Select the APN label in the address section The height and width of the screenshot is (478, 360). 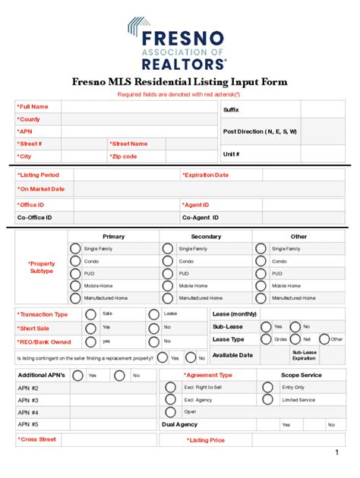26,131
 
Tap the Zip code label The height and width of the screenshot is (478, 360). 124,156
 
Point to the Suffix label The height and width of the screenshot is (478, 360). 231,110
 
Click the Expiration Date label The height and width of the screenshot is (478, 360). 205,175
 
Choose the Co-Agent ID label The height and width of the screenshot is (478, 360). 201,218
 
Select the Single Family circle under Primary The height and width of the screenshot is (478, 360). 75,248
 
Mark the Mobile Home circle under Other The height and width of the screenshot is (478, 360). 261,286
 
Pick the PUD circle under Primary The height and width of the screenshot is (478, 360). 75,273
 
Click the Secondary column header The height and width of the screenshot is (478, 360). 206,237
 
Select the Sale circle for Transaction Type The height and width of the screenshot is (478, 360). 91,314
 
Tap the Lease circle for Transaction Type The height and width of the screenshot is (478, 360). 153,314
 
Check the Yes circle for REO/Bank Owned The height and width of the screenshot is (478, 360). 91,341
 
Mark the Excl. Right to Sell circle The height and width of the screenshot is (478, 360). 171,387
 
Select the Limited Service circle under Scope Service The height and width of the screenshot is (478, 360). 268,399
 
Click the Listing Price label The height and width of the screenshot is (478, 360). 207,440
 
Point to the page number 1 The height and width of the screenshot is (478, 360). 336,453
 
